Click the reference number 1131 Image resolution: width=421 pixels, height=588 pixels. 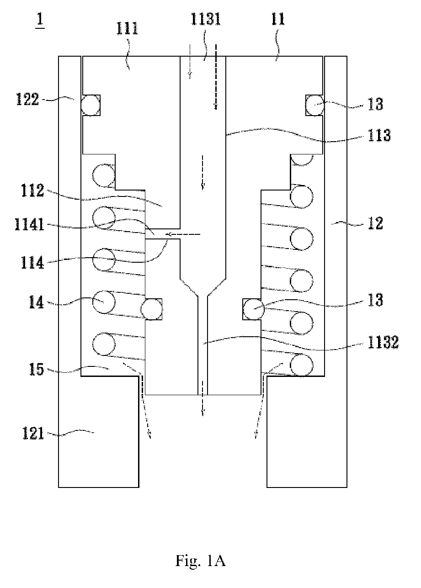tap(206, 20)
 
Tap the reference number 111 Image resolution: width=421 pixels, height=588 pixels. tap(128, 29)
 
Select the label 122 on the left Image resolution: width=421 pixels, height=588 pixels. tap(27, 99)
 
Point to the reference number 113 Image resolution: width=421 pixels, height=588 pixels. tap(379, 135)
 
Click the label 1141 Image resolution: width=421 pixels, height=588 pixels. tap(29, 225)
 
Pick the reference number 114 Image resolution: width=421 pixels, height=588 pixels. tap(32, 263)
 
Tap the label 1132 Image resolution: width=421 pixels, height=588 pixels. tap(384, 342)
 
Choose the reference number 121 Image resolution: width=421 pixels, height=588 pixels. tap(33, 433)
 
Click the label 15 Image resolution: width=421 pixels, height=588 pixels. tap(36, 369)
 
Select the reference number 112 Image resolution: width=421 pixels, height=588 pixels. tap(32, 191)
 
